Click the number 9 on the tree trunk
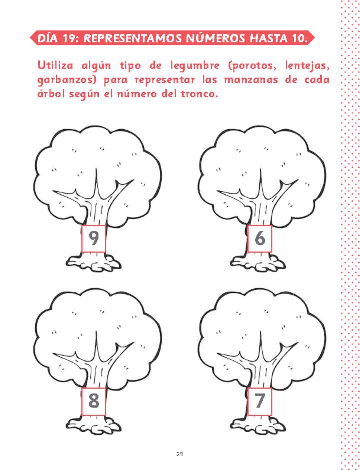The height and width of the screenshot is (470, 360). [x=93, y=239]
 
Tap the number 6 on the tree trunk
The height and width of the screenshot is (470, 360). [x=260, y=239]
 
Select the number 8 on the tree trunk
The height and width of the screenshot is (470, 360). [x=94, y=401]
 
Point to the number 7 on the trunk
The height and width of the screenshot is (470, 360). [x=259, y=401]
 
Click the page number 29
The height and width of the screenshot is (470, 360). [x=179, y=454]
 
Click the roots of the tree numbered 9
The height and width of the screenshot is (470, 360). [x=93, y=262]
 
